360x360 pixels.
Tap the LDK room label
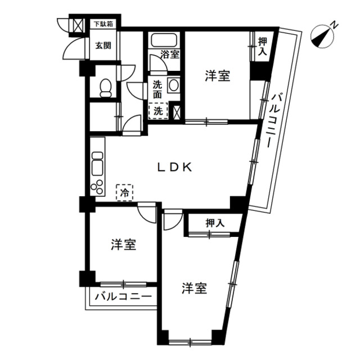175,168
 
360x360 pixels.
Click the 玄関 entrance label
103,46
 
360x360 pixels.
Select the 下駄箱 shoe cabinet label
104,24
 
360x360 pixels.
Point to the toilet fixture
106,88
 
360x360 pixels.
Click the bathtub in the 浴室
164,40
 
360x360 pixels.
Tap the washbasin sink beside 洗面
174,85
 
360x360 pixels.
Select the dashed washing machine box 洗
158,111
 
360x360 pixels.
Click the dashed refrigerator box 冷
125,192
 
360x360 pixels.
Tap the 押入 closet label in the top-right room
263,47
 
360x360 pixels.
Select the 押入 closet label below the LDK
215,223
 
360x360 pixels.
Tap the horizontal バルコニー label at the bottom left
123,297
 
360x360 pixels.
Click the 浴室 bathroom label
170,55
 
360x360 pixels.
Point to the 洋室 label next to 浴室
218,76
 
